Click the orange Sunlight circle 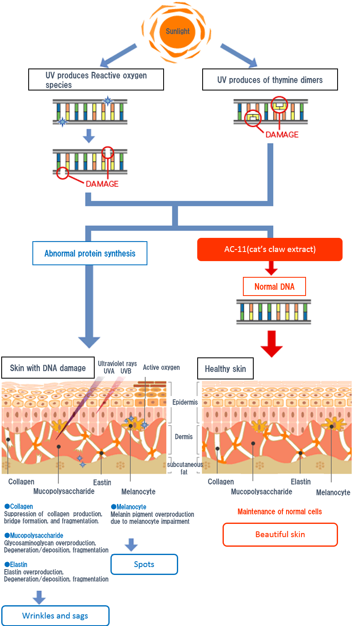pyautogui.click(x=177, y=32)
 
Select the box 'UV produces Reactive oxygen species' pyautogui.click(x=96, y=80)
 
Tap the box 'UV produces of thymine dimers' pyautogui.click(x=270, y=80)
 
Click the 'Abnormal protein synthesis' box pyautogui.click(x=90, y=253)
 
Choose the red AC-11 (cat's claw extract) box pyautogui.click(x=270, y=249)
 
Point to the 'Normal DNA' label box pyautogui.click(x=274, y=286)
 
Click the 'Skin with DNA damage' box pyautogui.click(x=48, y=368)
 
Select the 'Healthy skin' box pyautogui.click(x=225, y=369)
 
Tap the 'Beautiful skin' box pyautogui.click(x=280, y=534)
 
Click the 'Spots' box pyautogui.click(x=144, y=564)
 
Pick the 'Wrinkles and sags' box pyautogui.click(x=55, y=616)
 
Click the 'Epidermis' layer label pyautogui.click(x=185, y=402)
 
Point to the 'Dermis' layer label pyautogui.click(x=184, y=437)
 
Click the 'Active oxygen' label pyautogui.click(x=161, y=367)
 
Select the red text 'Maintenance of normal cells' pyautogui.click(x=279, y=511)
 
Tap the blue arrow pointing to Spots pyautogui.click(x=131, y=545)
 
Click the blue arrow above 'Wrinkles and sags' pyautogui.click(x=39, y=597)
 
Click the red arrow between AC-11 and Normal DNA pyautogui.click(x=271, y=268)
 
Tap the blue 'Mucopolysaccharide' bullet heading pyautogui.click(x=34, y=536)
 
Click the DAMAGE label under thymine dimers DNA pyautogui.click(x=282, y=134)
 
